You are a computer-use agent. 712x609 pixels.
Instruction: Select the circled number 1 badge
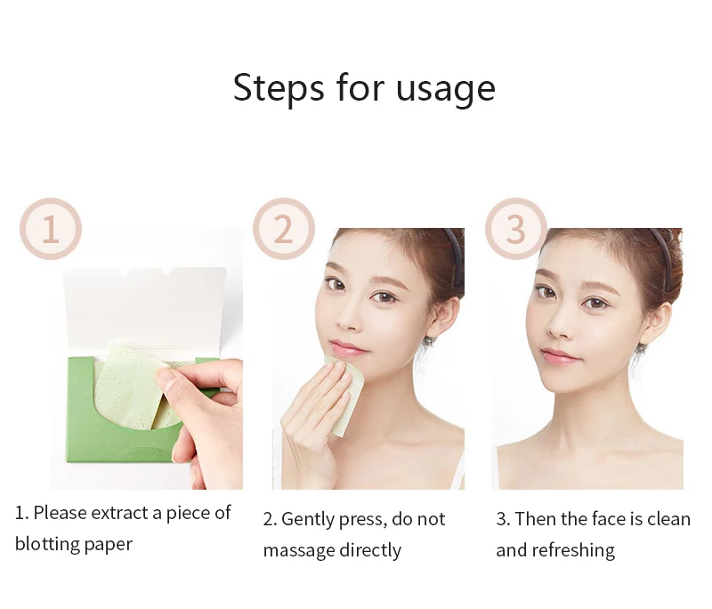[x=51, y=229]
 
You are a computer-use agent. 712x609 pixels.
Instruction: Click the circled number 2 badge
[x=283, y=229]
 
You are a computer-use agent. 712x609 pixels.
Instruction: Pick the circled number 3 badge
[x=515, y=229]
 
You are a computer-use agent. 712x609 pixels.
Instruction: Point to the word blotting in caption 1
[x=45, y=544]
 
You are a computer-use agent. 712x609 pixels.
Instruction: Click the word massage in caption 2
[x=299, y=550]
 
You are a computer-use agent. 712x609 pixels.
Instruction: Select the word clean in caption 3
[x=668, y=519]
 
